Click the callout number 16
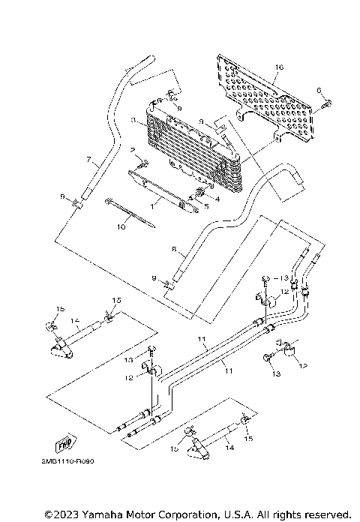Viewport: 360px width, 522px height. (x=279, y=67)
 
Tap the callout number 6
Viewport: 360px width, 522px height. (x=318, y=91)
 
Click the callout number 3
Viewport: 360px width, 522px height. (x=133, y=120)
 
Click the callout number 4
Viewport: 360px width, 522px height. (x=217, y=199)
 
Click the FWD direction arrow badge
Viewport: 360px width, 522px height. (x=64, y=443)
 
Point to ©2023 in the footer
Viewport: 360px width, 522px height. (x=60, y=514)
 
